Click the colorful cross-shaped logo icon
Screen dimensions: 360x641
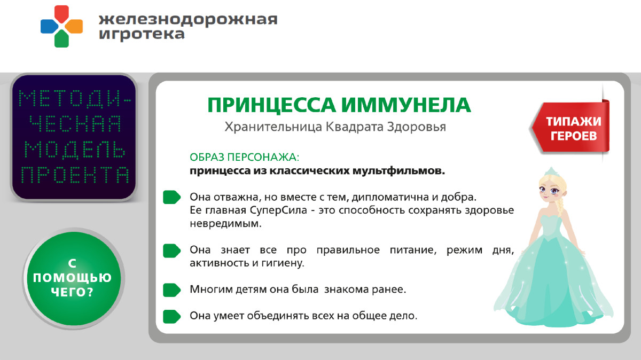61,26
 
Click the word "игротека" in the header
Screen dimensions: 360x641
142,34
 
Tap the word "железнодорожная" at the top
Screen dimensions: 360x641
188,19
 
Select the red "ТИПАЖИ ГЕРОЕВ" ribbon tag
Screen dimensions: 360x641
572,128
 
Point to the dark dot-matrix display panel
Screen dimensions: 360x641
74,137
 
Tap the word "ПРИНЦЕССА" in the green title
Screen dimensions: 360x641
271,105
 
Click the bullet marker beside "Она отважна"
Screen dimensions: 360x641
171,197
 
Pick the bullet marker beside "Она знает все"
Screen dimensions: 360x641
171,250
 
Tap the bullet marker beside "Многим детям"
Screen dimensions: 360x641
171,289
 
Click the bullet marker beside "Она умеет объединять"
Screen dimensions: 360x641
171,316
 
